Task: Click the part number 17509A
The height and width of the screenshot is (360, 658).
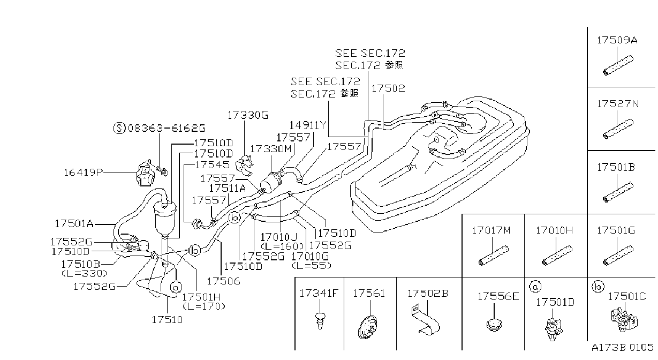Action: click(x=617, y=40)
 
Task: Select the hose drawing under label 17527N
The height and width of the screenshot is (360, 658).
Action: click(x=618, y=129)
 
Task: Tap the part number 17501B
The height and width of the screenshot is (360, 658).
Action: click(x=616, y=167)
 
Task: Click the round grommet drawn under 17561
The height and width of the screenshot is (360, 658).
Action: click(x=367, y=327)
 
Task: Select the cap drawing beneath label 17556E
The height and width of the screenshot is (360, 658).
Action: click(x=494, y=325)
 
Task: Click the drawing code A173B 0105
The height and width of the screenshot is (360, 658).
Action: click(x=623, y=348)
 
